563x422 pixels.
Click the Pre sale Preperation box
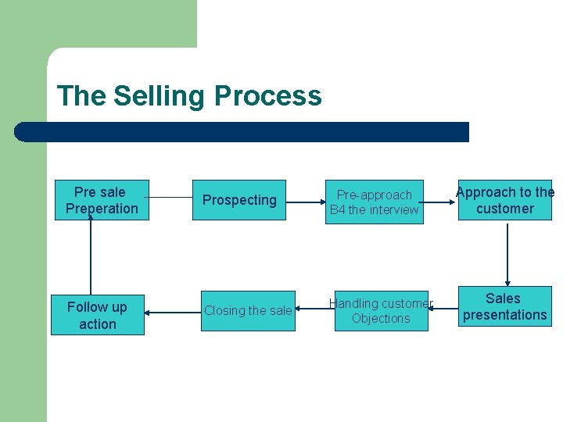pyautogui.click(x=102, y=201)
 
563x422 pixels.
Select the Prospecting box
pyautogui.click(x=239, y=200)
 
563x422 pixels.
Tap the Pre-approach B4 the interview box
pyautogui.click(x=375, y=202)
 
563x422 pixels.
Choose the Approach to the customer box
pyautogui.click(x=505, y=201)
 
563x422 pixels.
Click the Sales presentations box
pyautogui.click(x=505, y=306)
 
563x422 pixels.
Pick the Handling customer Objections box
pyautogui.click(x=381, y=311)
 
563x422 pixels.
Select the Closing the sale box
pyautogui.click(x=248, y=311)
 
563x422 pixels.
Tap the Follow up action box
pyautogui.click(x=98, y=316)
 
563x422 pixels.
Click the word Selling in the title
pyautogui.click(x=160, y=96)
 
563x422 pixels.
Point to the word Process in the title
pyautogui.click(x=267, y=96)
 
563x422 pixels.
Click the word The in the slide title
pyautogui.click(x=81, y=96)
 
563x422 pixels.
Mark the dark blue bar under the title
pyautogui.click(x=242, y=132)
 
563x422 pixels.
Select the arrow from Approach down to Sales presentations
pyautogui.click(x=507, y=254)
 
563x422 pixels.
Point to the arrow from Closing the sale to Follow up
pyautogui.click(x=173, y=312)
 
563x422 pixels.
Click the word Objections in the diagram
pyautogui.click(x=381, y=319)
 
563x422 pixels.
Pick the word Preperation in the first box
pyautogui.click(x=102, y=209)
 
